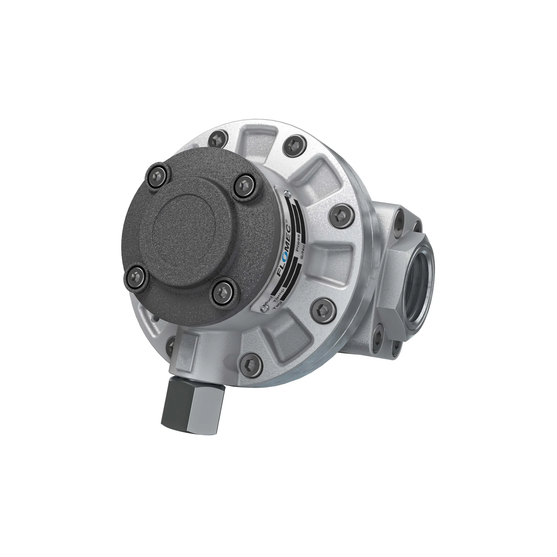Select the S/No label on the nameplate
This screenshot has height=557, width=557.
point(302,255)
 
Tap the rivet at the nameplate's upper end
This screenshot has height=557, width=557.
point(287,193)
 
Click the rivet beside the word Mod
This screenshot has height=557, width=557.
point(263,310)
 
